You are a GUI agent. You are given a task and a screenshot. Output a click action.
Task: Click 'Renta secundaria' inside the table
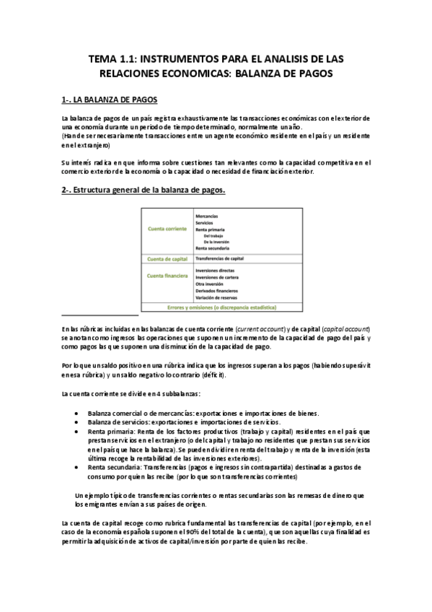pyautogui.click(x=213, y=248)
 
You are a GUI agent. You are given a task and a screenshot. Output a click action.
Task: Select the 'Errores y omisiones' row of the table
pyautogui.click(x=217, y=307)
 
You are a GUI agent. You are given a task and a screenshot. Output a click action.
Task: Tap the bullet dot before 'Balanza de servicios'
pyautogui.click(x=78, y=421)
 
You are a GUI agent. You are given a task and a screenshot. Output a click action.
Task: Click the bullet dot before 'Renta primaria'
pyautogui.click(x=78, y=431)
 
